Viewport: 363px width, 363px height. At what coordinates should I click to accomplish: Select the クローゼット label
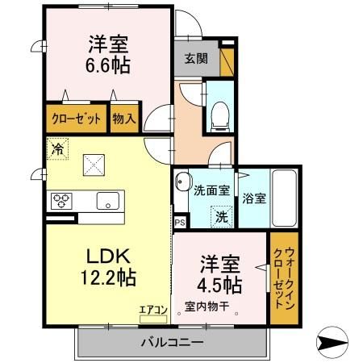pyautogui.click(x=77, y=119)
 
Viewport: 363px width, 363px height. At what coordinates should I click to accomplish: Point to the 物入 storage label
pyautogui.click(x=124, y=119)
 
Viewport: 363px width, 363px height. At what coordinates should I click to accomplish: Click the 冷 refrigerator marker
pyautogui.click(x=57, y=148)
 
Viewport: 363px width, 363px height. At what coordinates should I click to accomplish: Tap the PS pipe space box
pyautogui.click(x=179, y=220)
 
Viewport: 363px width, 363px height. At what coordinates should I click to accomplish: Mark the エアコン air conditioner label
pyautogui.click(x=152, y=308)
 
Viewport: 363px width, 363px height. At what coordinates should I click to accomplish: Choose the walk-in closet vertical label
pyautogui.click(x=281, y=278)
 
